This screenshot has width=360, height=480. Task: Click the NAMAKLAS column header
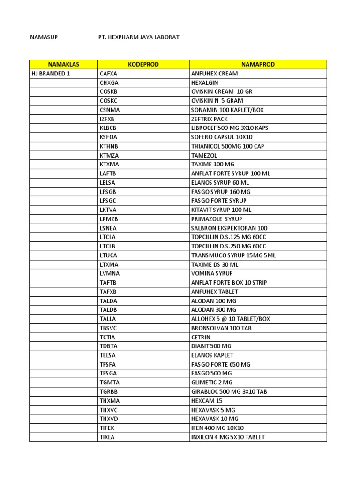pos(63,65)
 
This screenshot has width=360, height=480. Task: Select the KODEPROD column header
pos(143,65)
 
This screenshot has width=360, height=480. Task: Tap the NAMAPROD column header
pos(258,65)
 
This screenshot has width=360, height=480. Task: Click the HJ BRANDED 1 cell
pos(51,74)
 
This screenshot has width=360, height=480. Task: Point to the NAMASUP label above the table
pos(44,37)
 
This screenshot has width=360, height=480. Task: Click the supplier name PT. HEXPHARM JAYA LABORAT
pos(136,37)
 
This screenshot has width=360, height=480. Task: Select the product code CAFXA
pos(109,74)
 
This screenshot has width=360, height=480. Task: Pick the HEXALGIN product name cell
pos(205,82)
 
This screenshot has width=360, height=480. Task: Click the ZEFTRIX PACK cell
pos(209,119)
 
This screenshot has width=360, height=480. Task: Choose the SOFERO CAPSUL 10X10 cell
pos(222,137)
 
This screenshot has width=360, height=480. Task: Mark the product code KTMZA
pos(110,155)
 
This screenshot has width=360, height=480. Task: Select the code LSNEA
pos(109,228)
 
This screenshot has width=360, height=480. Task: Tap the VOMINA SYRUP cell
pos(211,273)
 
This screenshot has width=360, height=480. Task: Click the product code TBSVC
pos(109,328)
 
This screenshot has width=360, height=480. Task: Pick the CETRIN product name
pos(201,337)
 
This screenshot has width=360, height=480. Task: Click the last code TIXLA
pos(107,437)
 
